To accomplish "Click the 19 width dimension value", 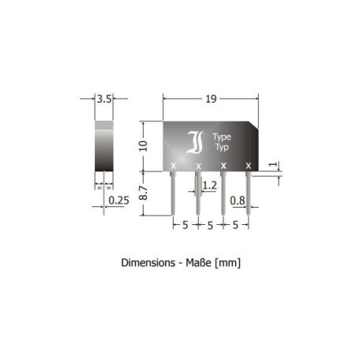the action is (x=211, y=99).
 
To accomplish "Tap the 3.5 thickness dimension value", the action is (x=104, y=99).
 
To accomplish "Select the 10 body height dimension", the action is (x=144, y=146).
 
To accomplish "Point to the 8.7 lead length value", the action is (x=144, y=193).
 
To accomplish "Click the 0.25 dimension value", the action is (x=118, y=201).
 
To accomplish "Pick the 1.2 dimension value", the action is (x=210, y=186).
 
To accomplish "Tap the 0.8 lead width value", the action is (x=238, y=201).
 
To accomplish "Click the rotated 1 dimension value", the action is (x=273, y=164).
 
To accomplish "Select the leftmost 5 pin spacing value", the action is (x=186, y=225).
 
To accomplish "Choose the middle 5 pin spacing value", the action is (x=210, y=226).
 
